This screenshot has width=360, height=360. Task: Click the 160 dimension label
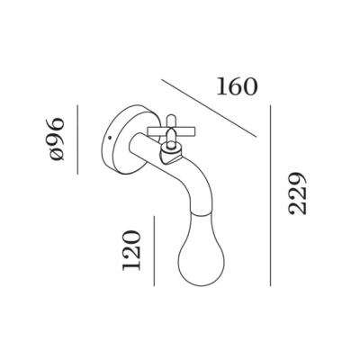237,86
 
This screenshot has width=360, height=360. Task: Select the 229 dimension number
297,193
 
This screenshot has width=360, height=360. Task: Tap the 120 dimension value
131,250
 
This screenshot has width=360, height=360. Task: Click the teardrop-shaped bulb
199,249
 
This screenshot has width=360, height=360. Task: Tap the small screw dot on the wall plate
109,138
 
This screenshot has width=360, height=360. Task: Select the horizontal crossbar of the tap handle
171,131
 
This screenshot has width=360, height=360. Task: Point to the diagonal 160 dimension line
209,108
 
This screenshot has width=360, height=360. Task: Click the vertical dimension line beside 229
270,195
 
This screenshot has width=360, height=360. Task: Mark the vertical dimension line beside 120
154,251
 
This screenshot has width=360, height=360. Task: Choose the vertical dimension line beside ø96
77,139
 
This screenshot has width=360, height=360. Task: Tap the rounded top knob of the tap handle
171,119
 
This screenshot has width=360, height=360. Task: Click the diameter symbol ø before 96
57,156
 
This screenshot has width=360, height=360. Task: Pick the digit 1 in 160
222,86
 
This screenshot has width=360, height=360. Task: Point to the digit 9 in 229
297,179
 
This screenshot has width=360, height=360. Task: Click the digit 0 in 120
131,237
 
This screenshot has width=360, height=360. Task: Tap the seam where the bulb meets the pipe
201,213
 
